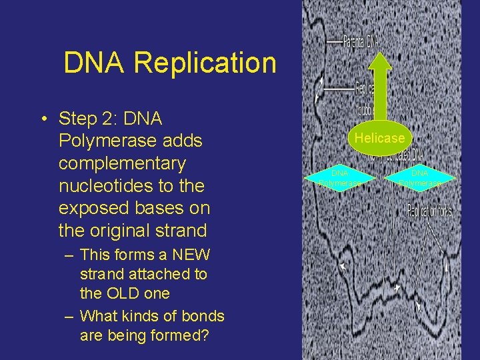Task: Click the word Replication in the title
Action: click(205, 63)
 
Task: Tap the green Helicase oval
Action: click(379, 138)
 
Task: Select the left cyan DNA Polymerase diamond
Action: click(340, 178)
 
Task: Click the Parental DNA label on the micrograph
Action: click(361, 41)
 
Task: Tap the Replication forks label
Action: click(429, 211)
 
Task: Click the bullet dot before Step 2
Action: click(42, 119)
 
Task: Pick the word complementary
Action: click(122, 163)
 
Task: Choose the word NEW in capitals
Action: click(191, 255)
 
